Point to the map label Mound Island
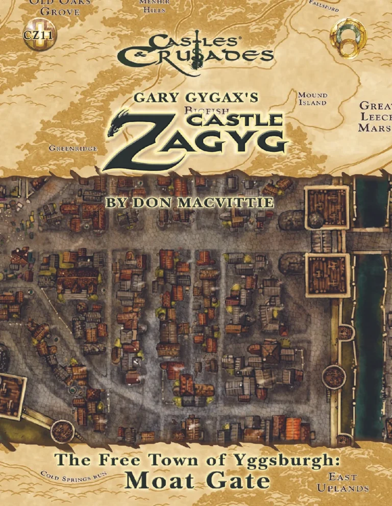[312, 98]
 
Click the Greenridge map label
[73, 148]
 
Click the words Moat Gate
[197, 480]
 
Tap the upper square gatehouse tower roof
[327, 207]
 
